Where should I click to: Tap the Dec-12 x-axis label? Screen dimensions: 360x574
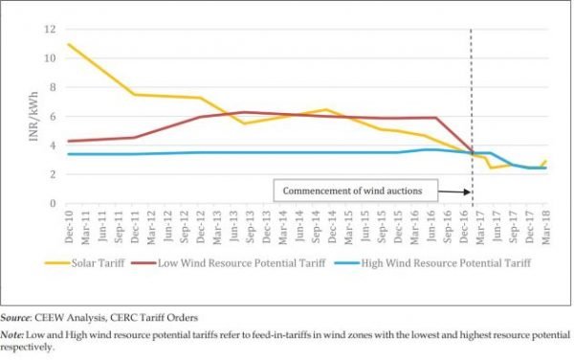(x=199, y=225)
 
